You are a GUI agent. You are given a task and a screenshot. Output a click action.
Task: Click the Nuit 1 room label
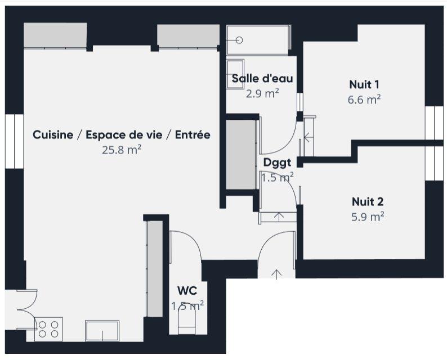364,85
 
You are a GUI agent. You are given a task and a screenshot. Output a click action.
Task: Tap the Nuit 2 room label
368,201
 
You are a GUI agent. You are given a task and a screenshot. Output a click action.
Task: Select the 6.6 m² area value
364,100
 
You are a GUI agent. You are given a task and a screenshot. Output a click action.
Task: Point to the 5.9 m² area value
368,217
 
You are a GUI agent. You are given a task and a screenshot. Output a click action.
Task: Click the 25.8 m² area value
121,150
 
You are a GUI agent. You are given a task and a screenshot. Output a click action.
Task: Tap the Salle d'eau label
262,79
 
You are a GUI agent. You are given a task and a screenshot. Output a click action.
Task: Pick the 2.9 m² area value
262,93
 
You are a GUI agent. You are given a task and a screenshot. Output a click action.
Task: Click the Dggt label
277,163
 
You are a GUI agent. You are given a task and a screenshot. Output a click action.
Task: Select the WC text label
187,291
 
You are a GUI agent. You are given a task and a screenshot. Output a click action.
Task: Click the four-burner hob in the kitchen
48,328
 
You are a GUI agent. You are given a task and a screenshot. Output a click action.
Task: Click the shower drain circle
239,40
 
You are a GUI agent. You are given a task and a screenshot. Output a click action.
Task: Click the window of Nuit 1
434,122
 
